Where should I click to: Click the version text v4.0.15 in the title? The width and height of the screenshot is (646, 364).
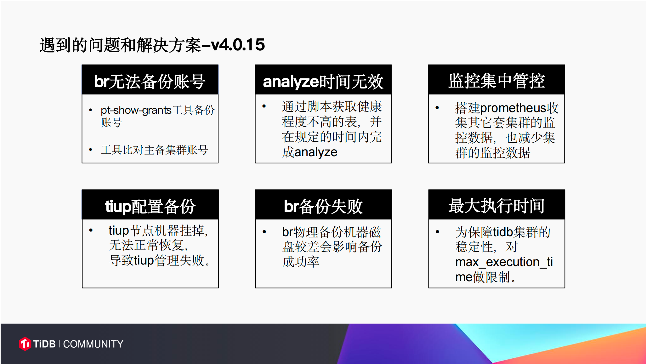[x=238, y=45]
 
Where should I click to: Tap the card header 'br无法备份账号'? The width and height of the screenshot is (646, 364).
[x=150, y=81]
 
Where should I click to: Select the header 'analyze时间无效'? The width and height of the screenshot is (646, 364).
[x=323, y=82]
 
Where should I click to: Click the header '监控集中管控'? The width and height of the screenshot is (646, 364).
[x=496, y=81]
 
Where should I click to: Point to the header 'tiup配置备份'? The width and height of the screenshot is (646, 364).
[x=150, y=207]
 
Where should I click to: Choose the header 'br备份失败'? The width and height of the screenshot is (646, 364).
[x=323, y=207]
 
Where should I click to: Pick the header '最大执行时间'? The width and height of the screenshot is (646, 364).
[x=496, y=206]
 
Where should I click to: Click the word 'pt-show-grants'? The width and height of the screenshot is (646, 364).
[x=136, y=111]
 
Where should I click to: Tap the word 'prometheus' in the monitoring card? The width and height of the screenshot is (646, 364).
[x=513, y=108]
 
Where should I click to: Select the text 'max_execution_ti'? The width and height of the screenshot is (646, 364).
[x=504, y=262]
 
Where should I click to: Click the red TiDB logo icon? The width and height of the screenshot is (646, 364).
[x=25, y=344]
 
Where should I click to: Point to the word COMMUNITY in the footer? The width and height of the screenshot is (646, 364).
[x=93, y=344]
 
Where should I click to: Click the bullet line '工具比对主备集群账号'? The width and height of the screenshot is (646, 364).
[x=155, y=150]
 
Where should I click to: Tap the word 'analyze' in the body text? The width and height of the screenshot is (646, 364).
[x=316, y=152]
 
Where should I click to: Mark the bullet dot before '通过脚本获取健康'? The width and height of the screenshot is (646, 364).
[x=264, y=106]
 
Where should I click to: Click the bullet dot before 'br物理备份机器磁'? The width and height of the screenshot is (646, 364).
[x=264, y=232]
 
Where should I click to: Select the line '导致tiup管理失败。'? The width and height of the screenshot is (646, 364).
[x=160, y=260]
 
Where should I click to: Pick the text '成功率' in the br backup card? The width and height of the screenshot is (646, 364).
[x=301, y=262]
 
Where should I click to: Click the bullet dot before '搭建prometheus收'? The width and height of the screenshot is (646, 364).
[x=437, y=108]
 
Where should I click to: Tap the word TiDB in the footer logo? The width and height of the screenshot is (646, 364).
[x=44, y=344]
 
